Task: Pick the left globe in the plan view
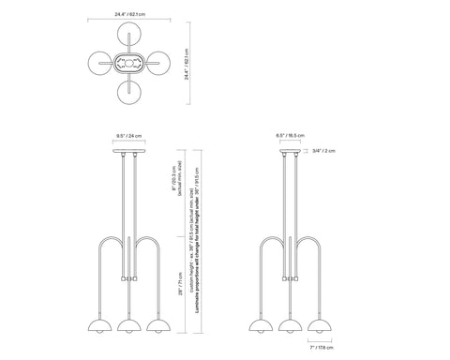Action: click(x=98, y=65)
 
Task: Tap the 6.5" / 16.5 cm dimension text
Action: click(x=290, y=136)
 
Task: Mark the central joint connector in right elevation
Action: click(x=290, y=278)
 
